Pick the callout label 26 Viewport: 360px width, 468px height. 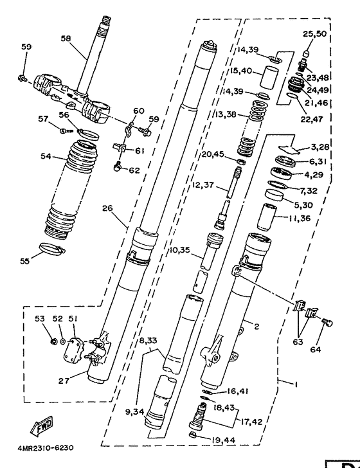[107, 208]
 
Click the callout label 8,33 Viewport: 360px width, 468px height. [148, 341]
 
